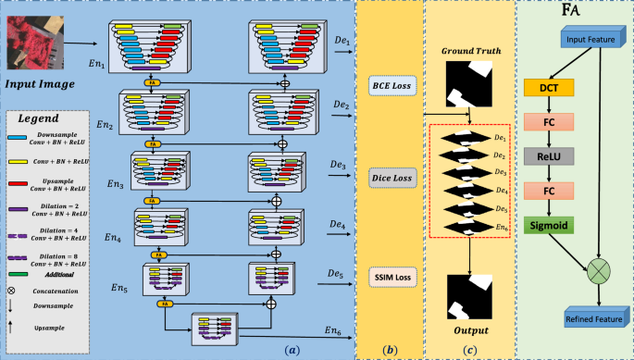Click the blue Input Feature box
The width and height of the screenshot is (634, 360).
[590, 39]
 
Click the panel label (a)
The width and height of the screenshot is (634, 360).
[293, 350]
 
